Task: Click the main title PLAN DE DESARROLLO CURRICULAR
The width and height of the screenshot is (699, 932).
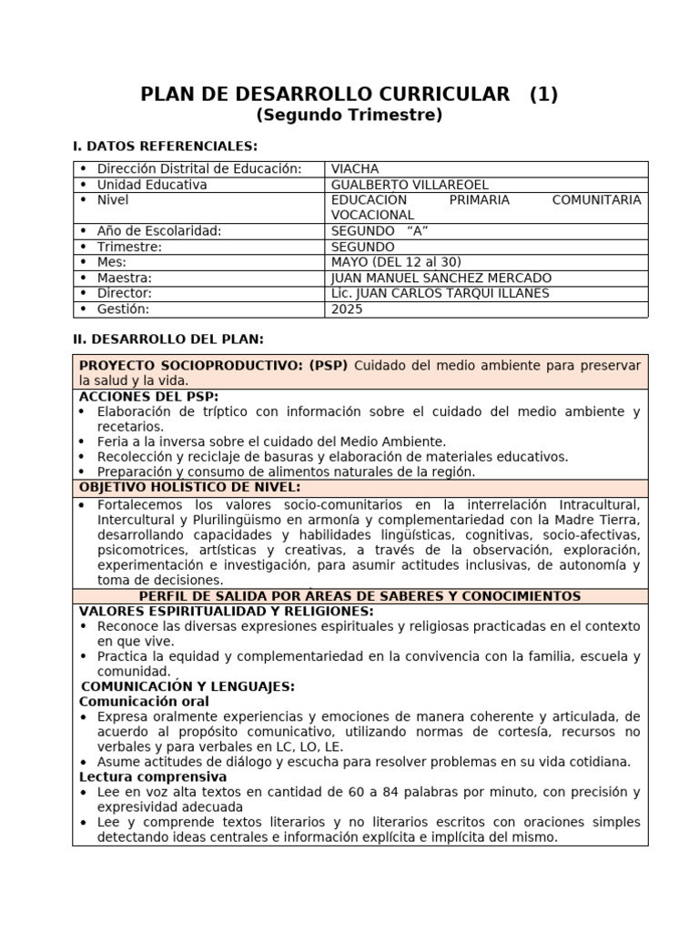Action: coord(325,94)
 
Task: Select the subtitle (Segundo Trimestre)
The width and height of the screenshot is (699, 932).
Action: coord(349,116)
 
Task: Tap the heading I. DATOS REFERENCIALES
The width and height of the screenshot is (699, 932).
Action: coord(165,146)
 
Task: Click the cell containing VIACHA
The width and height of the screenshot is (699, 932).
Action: coord(355,169)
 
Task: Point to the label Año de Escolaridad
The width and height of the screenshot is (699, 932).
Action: coord(159,231)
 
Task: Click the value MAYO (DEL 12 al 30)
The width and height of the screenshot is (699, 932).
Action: coord(396,262)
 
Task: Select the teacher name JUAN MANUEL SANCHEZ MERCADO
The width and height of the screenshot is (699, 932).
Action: coord(441,278)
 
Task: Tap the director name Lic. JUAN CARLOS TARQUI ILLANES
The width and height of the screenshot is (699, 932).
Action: coord(441,293)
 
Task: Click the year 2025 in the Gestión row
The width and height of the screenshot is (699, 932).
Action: coord(347,309)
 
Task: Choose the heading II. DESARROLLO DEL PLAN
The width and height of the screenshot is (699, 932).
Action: coord(167,339)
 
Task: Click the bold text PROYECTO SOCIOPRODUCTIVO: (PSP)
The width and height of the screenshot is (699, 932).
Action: coord(214,365)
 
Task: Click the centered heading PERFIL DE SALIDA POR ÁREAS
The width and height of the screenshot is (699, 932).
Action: coord(360,596)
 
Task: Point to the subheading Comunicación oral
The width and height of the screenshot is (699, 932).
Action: coord(144,702)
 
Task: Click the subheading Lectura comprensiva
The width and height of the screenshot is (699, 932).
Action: coord(152,777)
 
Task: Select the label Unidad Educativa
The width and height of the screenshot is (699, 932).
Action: coord(152,185)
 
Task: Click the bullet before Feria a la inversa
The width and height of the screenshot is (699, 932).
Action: coord(85,441)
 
